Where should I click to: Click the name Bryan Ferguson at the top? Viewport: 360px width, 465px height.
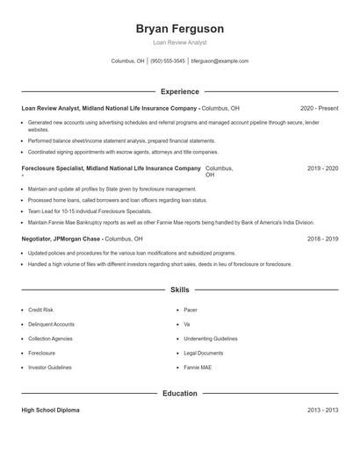[x=179, y=29]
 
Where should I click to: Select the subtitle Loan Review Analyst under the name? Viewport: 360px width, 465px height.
[x=179, y=42]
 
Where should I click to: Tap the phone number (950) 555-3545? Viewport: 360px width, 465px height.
[x=168, y=61]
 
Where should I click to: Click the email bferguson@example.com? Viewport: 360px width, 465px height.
[x=220, y=61]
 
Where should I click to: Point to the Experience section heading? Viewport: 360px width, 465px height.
[x=179, y=91]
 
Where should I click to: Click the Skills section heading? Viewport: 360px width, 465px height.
[x=179, y=289]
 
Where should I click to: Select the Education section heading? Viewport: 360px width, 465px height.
[x=179, y=394]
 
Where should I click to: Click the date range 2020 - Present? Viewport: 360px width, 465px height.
[x=319, y=108]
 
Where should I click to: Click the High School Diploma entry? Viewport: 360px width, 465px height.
[x=50, y=411]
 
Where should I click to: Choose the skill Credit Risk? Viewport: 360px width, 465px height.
[x=40, y=310]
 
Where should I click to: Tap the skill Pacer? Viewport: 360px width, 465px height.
[x=191, y=310]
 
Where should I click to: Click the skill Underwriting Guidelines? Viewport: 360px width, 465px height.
[x=211, y=339]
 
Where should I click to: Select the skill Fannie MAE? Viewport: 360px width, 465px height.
[x=198, y=368]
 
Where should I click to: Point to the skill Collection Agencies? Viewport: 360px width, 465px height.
[x=50, y=339]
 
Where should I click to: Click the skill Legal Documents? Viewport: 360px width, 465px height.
[x=204, y=353]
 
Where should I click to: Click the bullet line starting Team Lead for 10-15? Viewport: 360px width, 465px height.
[x=78, y=211]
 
